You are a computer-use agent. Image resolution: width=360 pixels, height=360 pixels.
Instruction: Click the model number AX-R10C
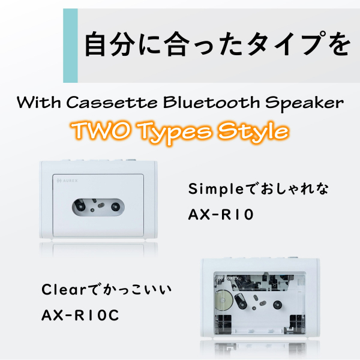click(80, 315)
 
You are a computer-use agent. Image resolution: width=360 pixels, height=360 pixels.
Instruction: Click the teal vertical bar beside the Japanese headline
click(70, 44)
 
